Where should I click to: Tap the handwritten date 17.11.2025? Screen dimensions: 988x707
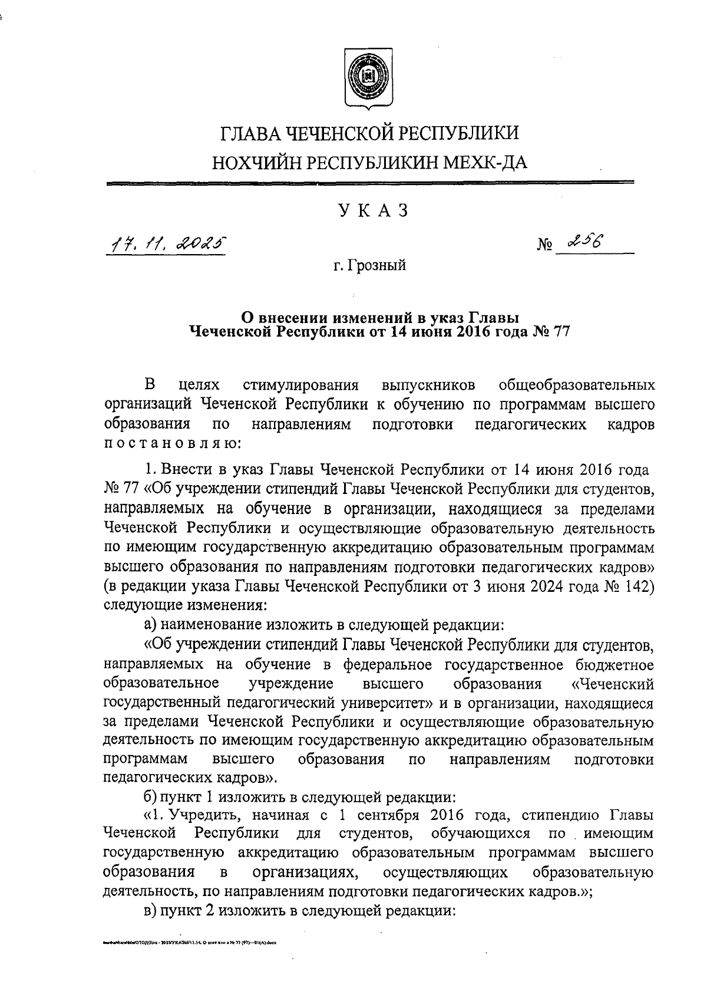(x=166, y=242)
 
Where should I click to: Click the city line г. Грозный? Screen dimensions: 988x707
(x=369, y=265)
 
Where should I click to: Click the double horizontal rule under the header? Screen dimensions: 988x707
(x=370, y=184)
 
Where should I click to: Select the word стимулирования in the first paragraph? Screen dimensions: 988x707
(x=300, y=386)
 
